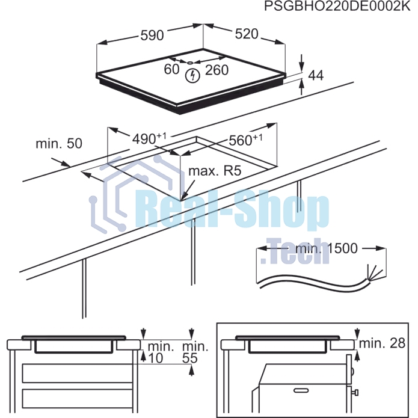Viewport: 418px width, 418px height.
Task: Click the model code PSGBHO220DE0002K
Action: pyautogui.click(x=337, y=7)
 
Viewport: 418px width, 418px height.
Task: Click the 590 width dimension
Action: pyautogui.click(x=152, y=35)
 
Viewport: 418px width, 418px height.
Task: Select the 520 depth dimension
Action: pyautogui.click(x=247, y=34)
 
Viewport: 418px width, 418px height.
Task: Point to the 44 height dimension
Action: pyautogui.click(x=316, y=75)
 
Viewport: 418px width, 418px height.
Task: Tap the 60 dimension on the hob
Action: pyautogui.click(x=171, y=69)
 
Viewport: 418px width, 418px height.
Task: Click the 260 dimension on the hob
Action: pyautogui.click(x=217, y=70)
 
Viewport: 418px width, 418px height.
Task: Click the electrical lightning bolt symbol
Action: pyautogui.click(x=192, y=75)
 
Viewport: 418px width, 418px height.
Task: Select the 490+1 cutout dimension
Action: pyautogui.click(x=149, y=138)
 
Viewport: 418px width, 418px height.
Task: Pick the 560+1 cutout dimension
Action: pyautogui.click(x=245, y=140)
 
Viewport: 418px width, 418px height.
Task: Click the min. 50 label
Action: pyautogui.click(x=59, y=143)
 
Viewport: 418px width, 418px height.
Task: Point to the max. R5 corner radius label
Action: pyautogui.click(x=215, y=171)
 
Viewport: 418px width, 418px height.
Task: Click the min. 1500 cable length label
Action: pyautogui.click(x=327, y=248)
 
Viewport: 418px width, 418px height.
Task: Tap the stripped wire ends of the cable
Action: pyautogui.click(x=376, y=272)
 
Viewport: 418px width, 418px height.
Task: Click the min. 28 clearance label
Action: pyautogui.click(x=382, y=343)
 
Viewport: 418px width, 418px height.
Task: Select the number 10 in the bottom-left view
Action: pyautogui.click(x=155, y=358)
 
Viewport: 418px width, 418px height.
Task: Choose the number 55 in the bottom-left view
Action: pyautogui.click(x=190, y=358)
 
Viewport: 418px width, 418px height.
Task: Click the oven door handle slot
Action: pyautogui.click(x=301, y=390)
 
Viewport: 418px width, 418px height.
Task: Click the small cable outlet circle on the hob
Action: pyautogui.click(x=190, y=63)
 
